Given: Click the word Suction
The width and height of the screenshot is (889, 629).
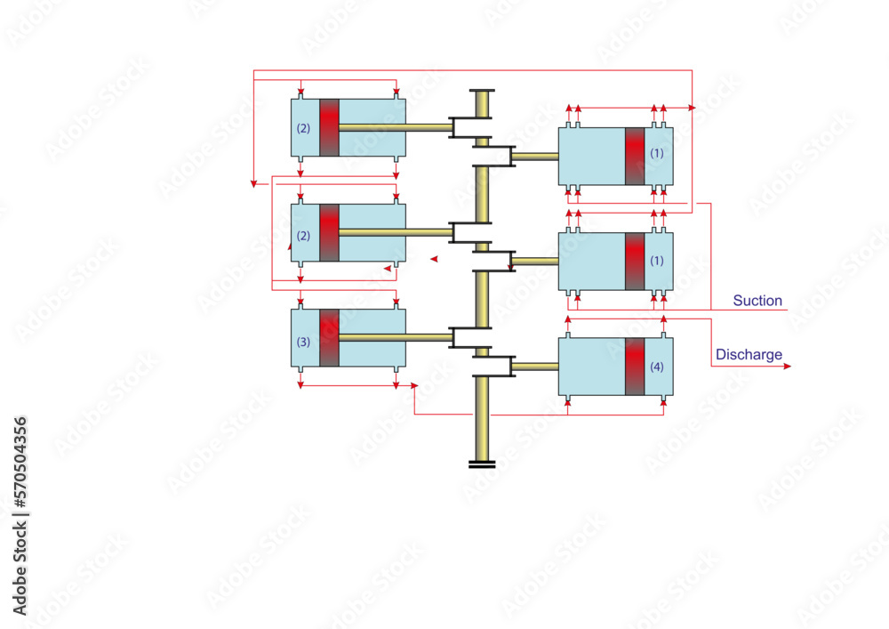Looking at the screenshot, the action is tap(757, 301).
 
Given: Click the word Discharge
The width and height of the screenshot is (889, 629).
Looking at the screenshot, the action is tap(749, 354).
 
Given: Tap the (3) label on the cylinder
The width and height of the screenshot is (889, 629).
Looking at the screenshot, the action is tap(303, 342).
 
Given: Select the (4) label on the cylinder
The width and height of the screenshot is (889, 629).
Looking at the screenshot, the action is tap(657, 367).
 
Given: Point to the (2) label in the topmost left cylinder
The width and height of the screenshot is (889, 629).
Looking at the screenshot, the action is tap(303, 128).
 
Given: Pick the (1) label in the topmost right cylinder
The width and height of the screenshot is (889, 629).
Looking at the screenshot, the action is tap(657, 152).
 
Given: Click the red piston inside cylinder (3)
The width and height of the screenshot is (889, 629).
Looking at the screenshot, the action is tap(330, 338).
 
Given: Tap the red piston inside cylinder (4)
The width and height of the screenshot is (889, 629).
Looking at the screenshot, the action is tap(635, 367).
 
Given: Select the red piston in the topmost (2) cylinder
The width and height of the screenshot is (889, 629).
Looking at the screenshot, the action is tap(330, 127).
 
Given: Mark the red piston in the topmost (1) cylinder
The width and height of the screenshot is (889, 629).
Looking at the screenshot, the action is tap(635, 156).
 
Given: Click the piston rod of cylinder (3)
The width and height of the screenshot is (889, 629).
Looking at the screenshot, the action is tap(396, 337).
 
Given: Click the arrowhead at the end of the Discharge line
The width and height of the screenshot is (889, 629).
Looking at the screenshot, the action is tap(787, 367).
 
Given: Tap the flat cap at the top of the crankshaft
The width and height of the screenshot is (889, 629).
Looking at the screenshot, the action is tap(482, 90).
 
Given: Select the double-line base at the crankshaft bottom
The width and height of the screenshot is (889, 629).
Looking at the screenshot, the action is tap(482, 464).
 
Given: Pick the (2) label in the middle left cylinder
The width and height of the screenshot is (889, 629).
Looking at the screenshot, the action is tap(303, 236).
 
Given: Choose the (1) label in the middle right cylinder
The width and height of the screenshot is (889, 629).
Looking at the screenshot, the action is tap(657, 261).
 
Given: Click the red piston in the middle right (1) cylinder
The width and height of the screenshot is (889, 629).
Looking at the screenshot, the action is tap(635, 262).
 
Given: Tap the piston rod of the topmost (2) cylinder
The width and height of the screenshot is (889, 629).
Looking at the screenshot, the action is tap(396, 127).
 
